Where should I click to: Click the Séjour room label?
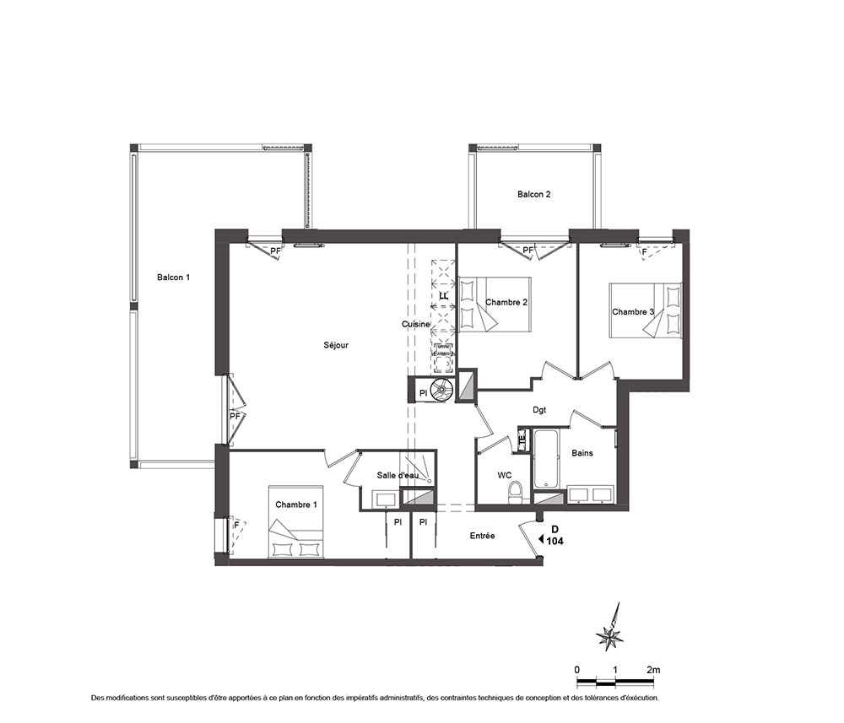[336, 345]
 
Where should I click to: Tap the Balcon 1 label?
[173, 278]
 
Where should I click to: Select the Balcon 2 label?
[534, 194]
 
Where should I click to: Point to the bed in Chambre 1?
[296, 523]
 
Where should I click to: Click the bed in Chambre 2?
[494, 305]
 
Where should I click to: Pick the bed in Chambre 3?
[646, 310]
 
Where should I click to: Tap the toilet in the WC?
[515, 493]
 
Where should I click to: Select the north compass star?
[611, 632]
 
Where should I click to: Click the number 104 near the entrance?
[555, 542]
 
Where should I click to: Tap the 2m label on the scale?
[653, 670]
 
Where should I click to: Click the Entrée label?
[482, 536]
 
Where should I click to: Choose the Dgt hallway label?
[539, 410]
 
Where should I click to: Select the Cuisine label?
[416, 324]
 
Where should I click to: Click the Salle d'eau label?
[398, 476]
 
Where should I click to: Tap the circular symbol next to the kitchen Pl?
[444, 390]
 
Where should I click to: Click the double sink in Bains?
[590, 494]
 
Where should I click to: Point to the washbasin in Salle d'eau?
[386, 499]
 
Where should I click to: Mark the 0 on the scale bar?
[577, 671]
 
